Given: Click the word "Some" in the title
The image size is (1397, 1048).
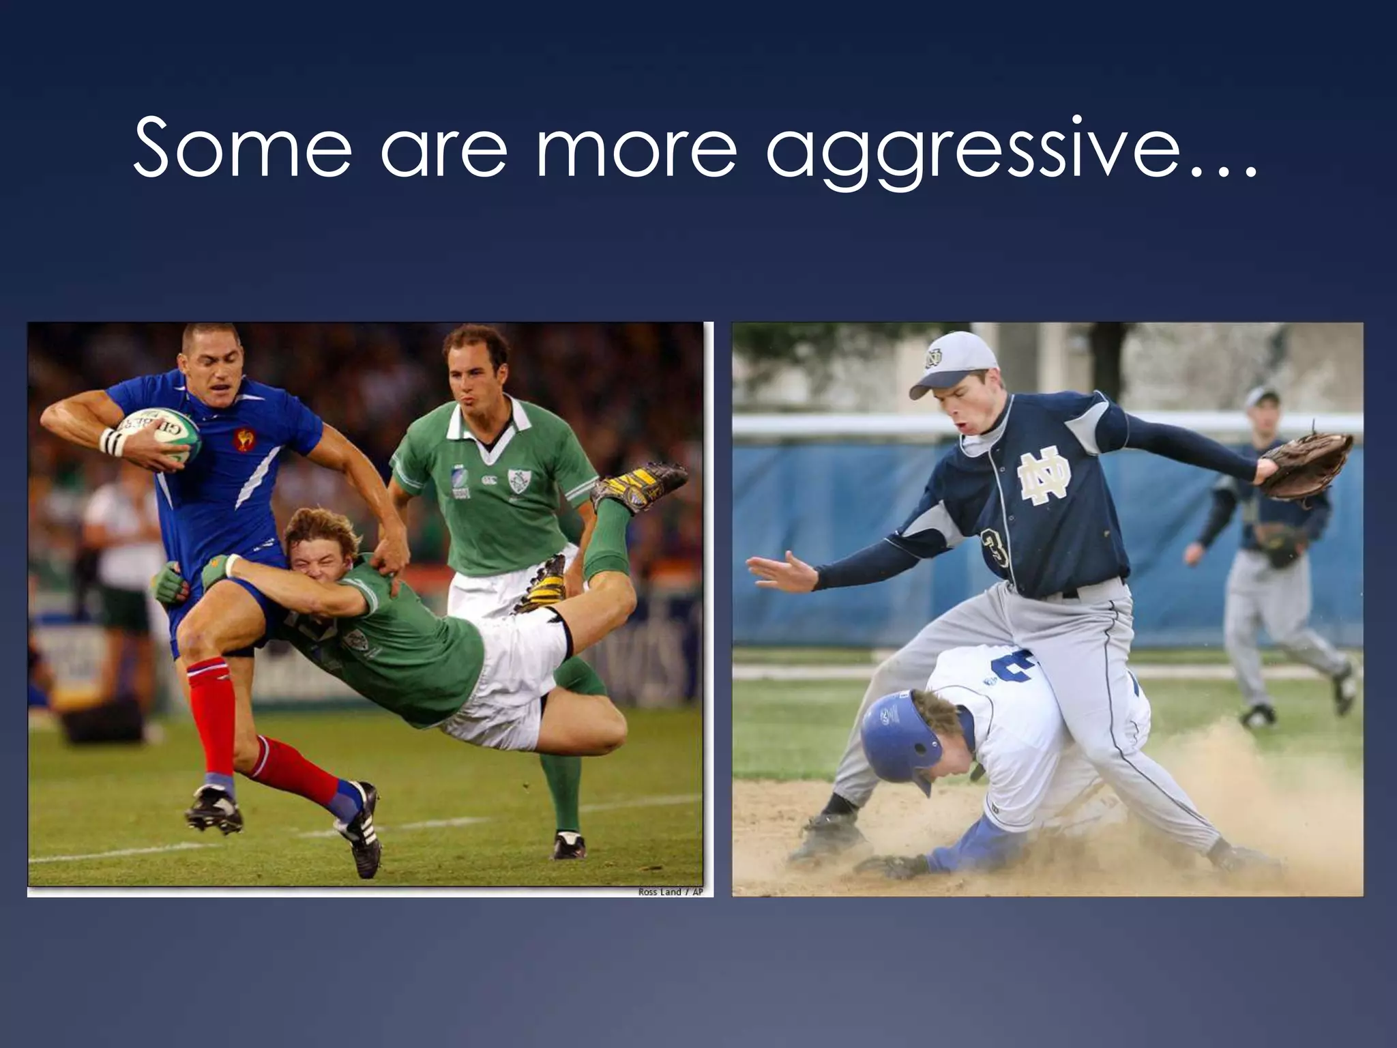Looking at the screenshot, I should tap(242, 148).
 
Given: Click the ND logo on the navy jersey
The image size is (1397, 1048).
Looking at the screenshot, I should tap(1044, 478).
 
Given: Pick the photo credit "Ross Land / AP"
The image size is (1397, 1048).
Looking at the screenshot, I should tap(670, 892).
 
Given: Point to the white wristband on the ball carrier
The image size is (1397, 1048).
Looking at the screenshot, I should tap(111, 441).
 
